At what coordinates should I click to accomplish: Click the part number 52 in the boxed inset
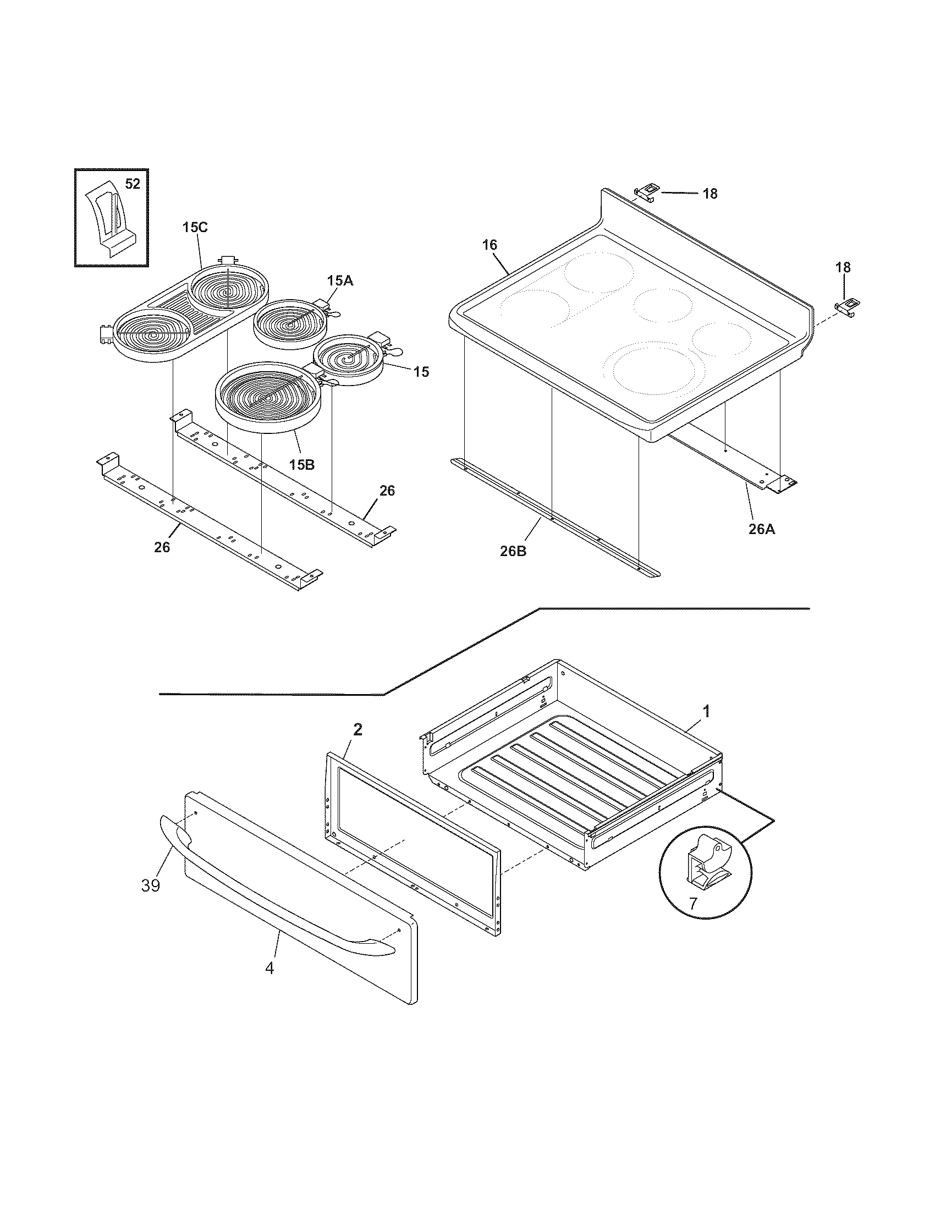(x=133, y=184)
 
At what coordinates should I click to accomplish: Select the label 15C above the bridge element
(x=195, y=227)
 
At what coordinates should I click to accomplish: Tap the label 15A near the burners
(x=339, y=281)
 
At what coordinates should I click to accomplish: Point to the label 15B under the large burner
(x=302, y=464)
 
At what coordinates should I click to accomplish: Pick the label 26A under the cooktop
(x=762, y=529)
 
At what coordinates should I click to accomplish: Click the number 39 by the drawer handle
(x=151, y=886)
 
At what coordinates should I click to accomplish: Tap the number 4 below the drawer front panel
(x=269, y=968)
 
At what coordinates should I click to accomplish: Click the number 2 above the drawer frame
(x=358, y=730)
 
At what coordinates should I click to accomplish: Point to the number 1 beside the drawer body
(x=706, y=711)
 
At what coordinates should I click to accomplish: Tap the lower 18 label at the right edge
(x=843, y=268)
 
